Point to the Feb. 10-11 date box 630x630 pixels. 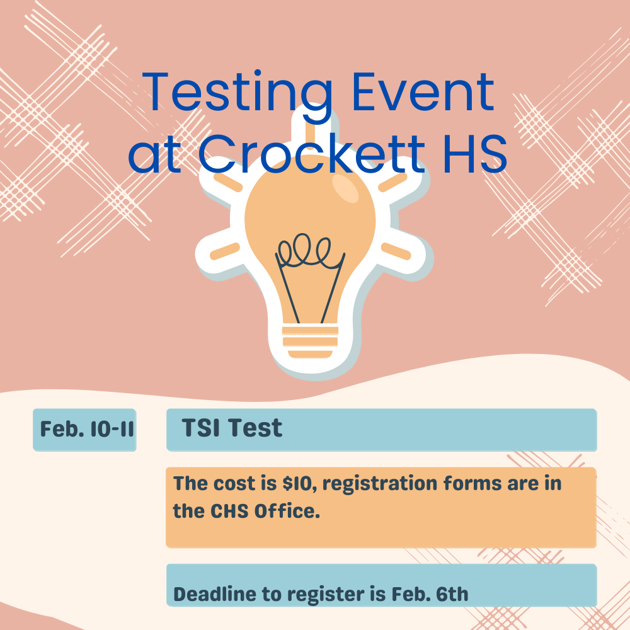point(84,430)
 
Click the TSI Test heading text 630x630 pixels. point(232,428)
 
